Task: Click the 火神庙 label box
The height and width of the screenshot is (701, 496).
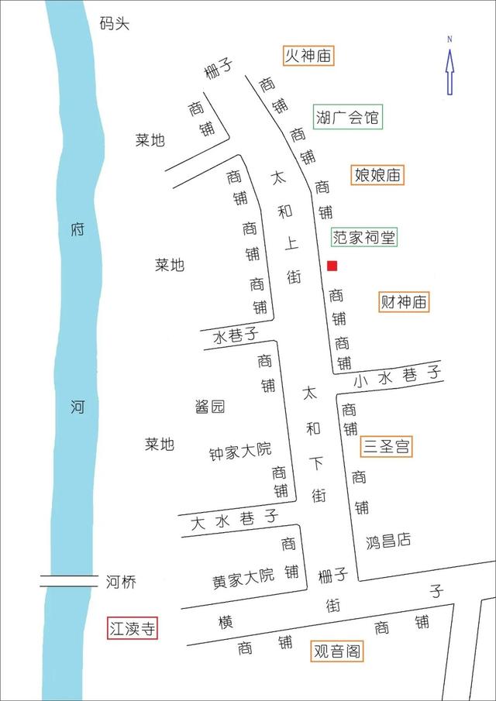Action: click(308, 56)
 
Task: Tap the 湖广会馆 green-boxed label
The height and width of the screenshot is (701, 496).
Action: click(347, 118)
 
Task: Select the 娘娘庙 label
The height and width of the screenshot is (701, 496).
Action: click(377, 175)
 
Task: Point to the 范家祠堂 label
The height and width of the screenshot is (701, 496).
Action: click(364, 237)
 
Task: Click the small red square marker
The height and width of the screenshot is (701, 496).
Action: click(332, 266)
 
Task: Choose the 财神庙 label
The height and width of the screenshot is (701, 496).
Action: click(404, 302)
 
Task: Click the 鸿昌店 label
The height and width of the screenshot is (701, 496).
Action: click(388, 541)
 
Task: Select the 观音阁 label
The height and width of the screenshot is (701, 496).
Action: click(336, 651)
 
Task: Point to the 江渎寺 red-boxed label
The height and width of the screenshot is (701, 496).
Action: click(132, 628)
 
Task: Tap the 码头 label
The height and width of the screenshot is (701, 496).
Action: click(115, 23)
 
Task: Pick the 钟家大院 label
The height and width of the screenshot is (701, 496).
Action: click(241, 450)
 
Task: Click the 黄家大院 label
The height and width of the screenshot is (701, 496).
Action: click(243, 576)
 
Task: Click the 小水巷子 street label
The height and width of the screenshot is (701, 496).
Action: click(398, 376)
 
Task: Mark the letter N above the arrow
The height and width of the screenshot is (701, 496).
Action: click(449, 38)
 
